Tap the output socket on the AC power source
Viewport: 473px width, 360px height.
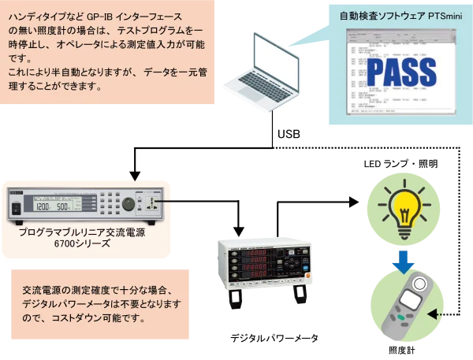pyautogui.click(x=150, y=207)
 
